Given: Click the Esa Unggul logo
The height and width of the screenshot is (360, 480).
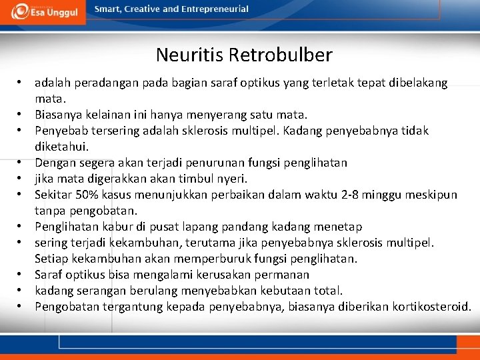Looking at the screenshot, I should pos(43,12).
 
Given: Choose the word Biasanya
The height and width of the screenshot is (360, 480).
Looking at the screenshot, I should pos(57,115).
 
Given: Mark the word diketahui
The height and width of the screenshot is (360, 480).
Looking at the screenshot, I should pos(61,146).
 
